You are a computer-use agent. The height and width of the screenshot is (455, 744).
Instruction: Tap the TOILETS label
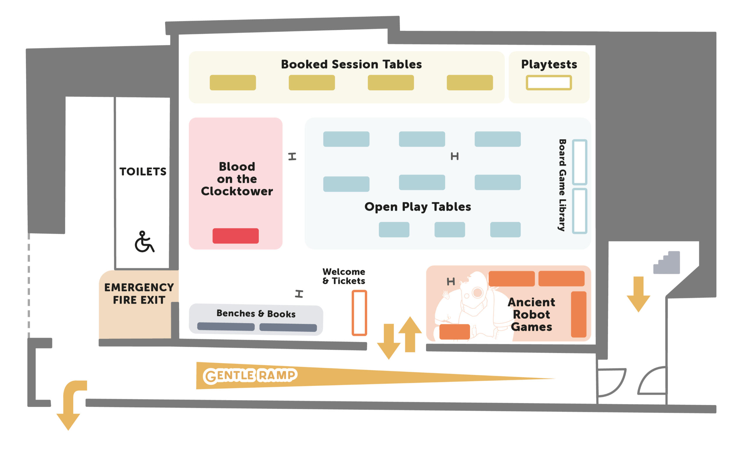pos(143,172)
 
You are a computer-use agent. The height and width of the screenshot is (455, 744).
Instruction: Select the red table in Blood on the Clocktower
pos(235,236)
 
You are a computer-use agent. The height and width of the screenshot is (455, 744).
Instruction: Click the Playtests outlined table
pos(549,83)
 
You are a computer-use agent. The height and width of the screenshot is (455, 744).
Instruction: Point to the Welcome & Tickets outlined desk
pos(359,313)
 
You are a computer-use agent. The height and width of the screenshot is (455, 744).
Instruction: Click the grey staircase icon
pos(667,263)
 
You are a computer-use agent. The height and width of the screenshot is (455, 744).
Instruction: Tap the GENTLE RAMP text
pos(250,376)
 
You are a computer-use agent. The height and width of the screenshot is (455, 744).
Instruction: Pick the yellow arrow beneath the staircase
pos(638,294)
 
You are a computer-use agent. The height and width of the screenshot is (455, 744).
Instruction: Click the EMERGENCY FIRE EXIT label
pos(139,294)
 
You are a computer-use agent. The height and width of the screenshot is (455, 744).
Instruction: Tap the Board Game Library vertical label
pos(562,185)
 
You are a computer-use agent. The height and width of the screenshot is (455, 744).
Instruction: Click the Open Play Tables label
pos(418,207)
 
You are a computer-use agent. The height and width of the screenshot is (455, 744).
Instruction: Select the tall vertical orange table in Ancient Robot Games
pos(579,314)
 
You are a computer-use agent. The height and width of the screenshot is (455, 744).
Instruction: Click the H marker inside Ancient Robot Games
pos(450,282)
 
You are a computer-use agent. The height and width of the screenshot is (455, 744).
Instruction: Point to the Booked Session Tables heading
pos(351,64)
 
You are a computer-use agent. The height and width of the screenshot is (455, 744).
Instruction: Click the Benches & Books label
pos(256,314)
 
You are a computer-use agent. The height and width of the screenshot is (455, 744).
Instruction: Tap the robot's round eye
pos(478,292)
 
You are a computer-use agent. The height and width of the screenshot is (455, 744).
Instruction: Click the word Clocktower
pos(237,191)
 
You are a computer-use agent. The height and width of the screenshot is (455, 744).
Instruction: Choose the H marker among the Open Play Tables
pos(455,156)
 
